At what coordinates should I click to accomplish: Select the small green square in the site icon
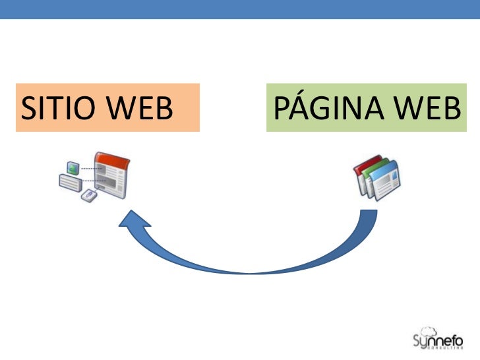pos(73,169)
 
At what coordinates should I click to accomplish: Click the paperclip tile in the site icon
pos(87,195)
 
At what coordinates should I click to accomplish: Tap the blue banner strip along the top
pos(240,9)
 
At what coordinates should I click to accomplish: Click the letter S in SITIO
pos(28,109)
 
